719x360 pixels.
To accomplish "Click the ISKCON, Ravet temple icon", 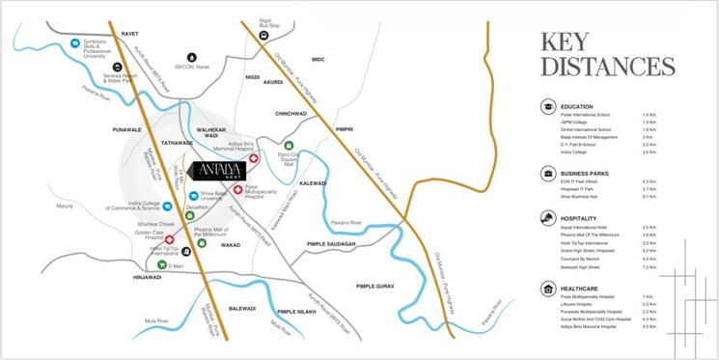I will [191, 58].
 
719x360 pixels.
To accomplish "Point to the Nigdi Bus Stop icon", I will [262, 37].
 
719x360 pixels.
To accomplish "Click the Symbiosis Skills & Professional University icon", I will [74, 42].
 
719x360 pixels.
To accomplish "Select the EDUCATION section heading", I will [578, 106].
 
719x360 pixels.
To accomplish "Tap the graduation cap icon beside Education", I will [548, 106].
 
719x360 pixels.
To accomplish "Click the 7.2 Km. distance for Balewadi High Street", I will [650, 267].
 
